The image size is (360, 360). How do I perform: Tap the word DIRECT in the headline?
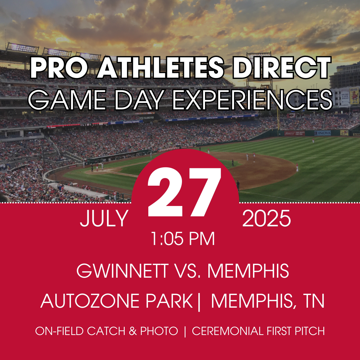pyautogui.click(x=282, y=67)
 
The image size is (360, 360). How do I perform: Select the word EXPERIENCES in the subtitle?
pyautogui.click(x=252, y=100)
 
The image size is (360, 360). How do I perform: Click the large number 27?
pyautogui.click(x=184, y=192)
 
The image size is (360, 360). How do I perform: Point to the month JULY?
pyautogui.click(x=104, y=218)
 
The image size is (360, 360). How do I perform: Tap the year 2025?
pyautogui.click(x=267, y=218)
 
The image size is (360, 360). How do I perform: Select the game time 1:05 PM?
pyautogui.click(x=183, y=239)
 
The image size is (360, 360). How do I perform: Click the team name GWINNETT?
pyautogui.click(x=122, y=271)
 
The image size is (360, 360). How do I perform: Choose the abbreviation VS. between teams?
pyautogui.click(x=187, y=271)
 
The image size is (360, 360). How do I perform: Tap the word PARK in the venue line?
pyautogui.click(x=169, y=301)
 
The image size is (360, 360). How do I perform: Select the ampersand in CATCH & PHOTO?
pyautogui.click(x=133, y=331)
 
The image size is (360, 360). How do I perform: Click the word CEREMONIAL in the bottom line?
pyautogui.click(x=228, y=331)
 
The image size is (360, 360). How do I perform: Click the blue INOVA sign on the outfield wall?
pyautogui.click(x=322, y=133)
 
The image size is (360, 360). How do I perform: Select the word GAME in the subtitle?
pyautogui.click(x=67, y=100)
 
